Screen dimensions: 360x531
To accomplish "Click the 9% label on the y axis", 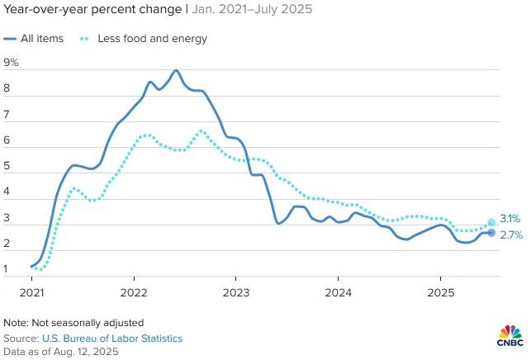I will [12, 63].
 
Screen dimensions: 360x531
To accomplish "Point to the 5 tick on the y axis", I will [8, 166].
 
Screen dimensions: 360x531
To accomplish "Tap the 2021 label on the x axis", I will [32, 292].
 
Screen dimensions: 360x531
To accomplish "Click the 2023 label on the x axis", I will [236, 292].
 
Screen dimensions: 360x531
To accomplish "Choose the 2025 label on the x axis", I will [439, 292].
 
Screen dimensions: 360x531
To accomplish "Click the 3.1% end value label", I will [510, 219].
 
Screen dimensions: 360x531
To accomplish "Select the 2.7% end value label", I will [510, 234].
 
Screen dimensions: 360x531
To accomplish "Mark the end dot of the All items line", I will [491, 233].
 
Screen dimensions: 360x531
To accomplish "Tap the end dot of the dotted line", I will [491, 222].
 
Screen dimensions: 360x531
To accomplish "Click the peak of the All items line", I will [176, 70].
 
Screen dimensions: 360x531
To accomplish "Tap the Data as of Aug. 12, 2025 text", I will [61, 352].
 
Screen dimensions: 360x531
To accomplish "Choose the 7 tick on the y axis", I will [8, 114].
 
